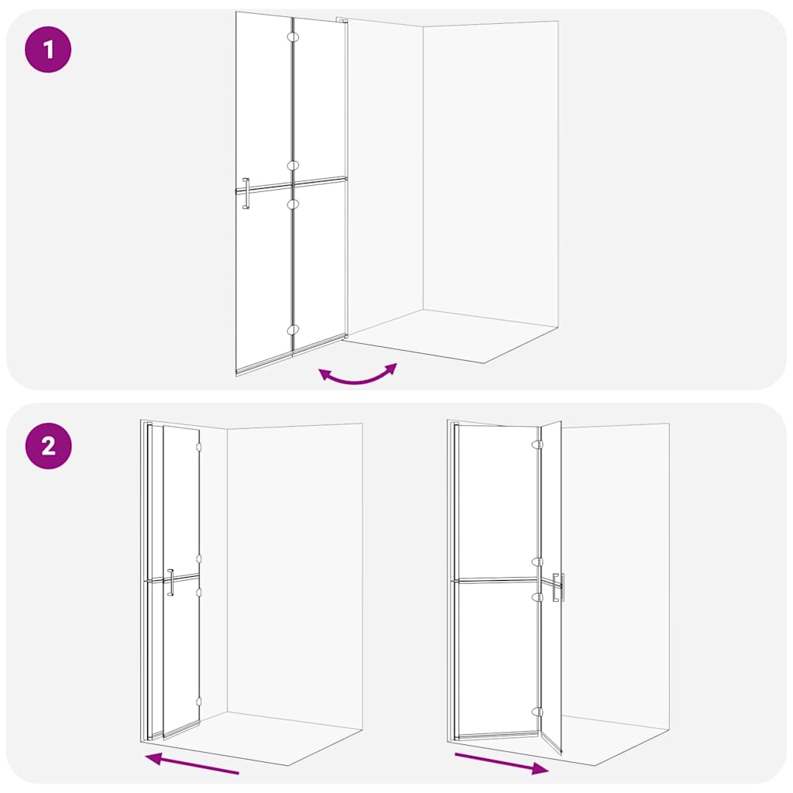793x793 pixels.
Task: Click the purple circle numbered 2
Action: (48, 446)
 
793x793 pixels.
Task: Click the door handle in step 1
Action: (245, 193)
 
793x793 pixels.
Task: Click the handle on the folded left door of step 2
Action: (170, 582)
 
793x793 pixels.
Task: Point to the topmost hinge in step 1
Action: (292, 36)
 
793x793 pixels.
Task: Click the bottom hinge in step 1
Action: (292, 330)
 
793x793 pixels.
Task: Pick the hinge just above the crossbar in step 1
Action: (292, 165)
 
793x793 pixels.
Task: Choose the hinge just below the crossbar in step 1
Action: (292, 204)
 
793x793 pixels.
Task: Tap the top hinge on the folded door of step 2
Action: (199, 447)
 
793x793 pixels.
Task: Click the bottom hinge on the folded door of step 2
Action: (199, 702)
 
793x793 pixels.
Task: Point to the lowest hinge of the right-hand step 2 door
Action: (537, 710)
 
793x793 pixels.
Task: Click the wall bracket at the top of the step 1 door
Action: (342, 20)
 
